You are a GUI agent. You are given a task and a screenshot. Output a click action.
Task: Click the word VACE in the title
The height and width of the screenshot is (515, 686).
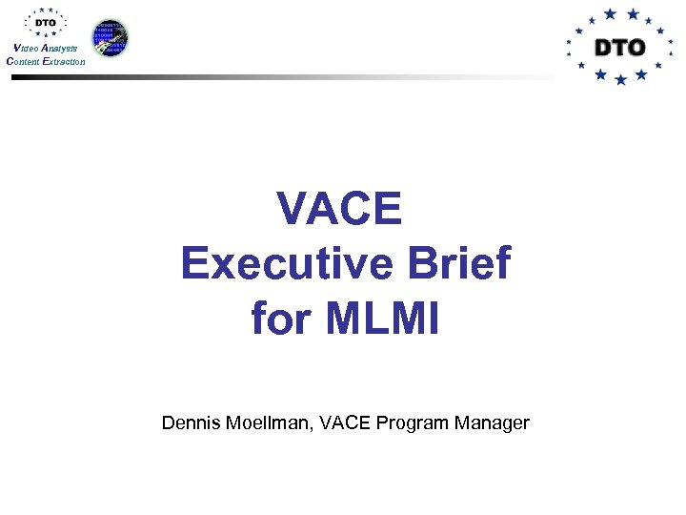point(339,208)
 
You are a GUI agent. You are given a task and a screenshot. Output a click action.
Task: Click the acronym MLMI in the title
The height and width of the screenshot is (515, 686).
point(382,318)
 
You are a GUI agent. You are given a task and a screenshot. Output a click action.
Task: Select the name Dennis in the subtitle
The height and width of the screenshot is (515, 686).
point(191,422)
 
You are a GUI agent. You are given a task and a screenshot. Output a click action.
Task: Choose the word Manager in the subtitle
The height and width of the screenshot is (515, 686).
point(489,422)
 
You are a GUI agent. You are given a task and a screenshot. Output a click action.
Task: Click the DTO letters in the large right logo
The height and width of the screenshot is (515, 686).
point(619,47)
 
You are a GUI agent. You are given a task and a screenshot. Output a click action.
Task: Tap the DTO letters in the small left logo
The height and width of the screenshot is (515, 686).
point(45,23)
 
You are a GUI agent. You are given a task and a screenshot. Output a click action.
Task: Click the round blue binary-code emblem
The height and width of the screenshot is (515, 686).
point(110,37)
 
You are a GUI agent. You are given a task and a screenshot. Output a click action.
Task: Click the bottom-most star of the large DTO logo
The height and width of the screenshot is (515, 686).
point(621,81)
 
